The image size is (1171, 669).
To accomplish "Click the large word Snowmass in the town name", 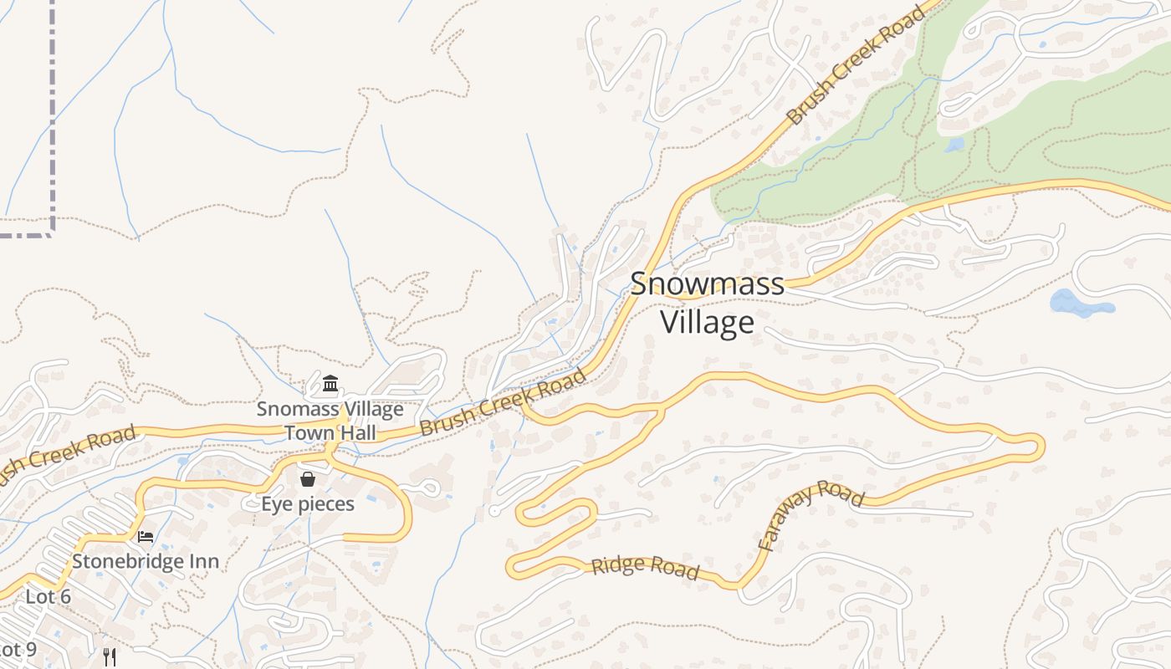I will pos(707,283).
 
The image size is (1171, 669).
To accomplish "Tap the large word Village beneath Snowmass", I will pos(707,322).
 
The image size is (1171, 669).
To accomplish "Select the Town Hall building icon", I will pos(330,385).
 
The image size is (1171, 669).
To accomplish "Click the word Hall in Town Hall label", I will pos(355,432).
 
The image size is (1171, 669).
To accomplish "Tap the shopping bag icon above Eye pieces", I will pos(308,479).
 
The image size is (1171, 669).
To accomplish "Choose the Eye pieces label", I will pos(308,503).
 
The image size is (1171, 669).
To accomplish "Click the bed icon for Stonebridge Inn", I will pos(146,536).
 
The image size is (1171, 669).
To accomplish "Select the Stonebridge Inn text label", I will pos(146,560).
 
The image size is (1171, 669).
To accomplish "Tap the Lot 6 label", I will pos(48,596).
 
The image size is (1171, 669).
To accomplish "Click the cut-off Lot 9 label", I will pos(18,649).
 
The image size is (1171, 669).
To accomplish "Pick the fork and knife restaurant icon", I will pos(109,656).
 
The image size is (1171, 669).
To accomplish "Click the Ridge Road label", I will pos(645,567).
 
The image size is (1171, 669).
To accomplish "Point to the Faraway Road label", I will pos(809,513).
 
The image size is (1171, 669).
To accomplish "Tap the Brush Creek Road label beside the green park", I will pos(857,64).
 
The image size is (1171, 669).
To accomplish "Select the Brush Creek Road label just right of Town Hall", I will pos(503,403).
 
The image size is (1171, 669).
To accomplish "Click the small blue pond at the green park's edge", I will pos(954,145).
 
